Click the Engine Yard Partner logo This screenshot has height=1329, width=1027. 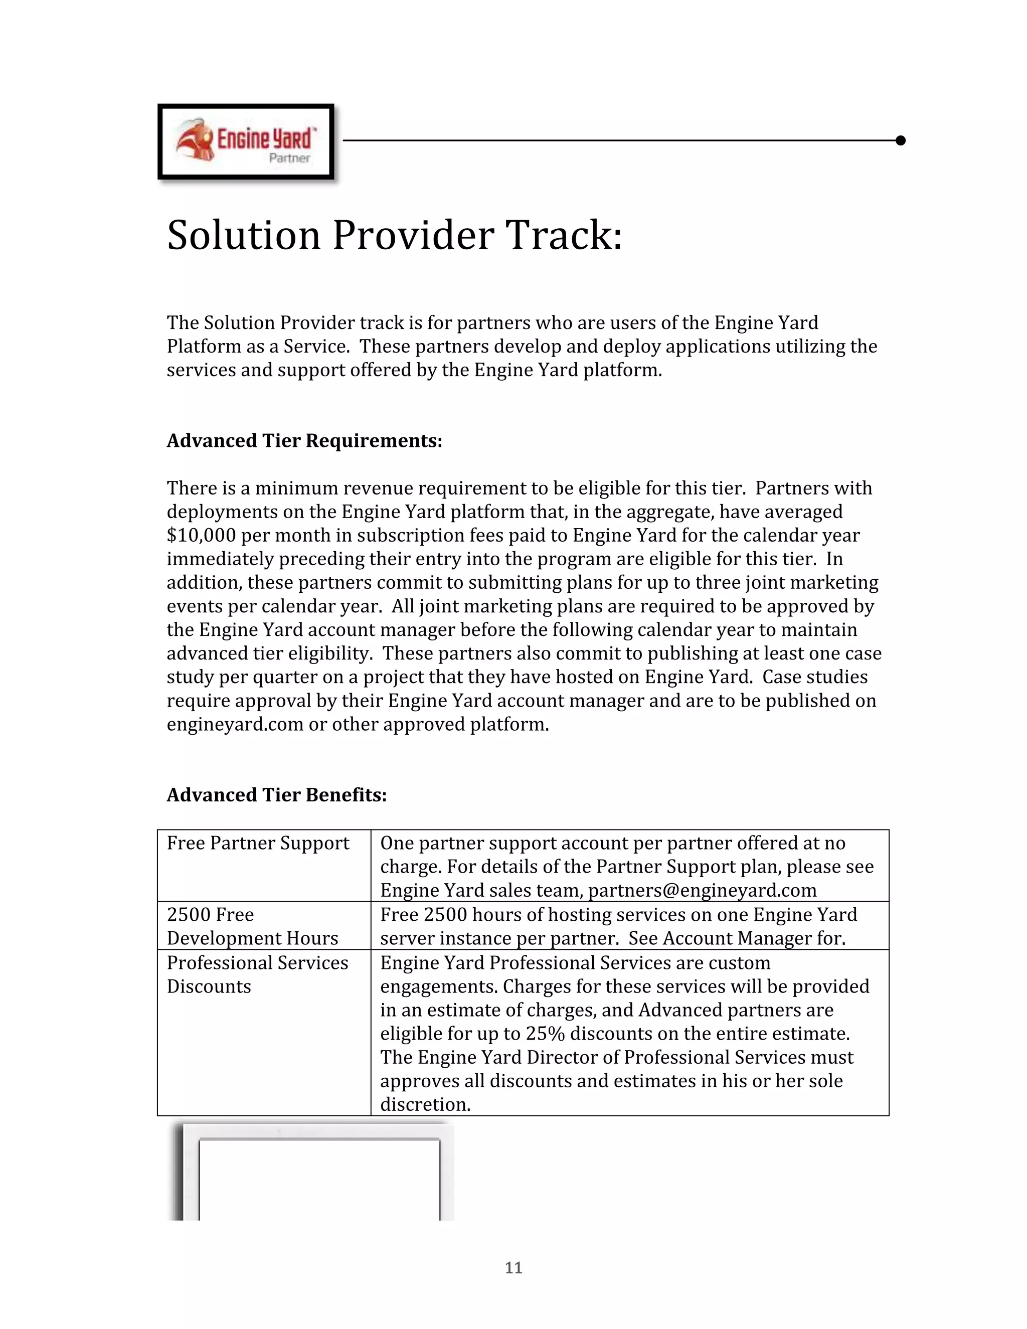click(246, 142)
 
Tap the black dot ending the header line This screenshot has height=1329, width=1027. click(901, 140)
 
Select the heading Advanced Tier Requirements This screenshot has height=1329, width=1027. click(304, 440)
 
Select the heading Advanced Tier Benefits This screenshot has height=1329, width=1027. click(277, 795)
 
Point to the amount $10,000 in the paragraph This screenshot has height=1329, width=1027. click(201, 536)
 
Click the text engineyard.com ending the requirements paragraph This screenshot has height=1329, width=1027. click(235, 724)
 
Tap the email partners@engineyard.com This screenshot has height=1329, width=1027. click(702, 890)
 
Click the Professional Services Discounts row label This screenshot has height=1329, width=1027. click(257, 974)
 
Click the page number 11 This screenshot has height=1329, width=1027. click(513, 1267)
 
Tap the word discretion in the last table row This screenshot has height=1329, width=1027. click(425, 1104)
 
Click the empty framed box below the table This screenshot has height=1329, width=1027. click(319, 1178)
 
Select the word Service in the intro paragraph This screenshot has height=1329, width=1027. click(316, 346)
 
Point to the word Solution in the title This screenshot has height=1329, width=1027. click(243, 236)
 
